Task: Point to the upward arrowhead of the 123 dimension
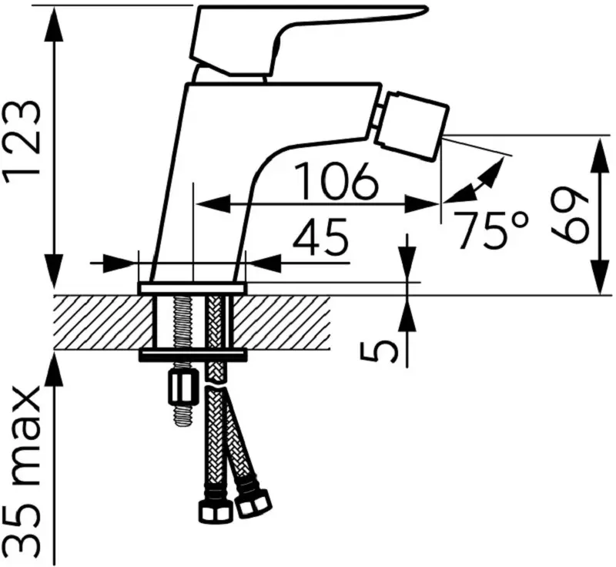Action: pos(54,23)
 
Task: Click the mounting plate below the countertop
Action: pos(192,356)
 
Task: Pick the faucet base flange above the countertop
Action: pos(192,288)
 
